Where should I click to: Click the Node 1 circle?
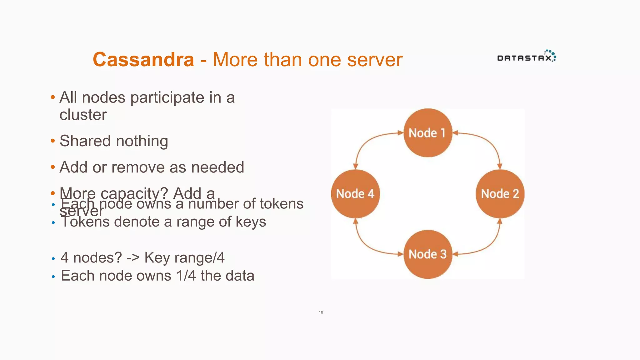pyautogui.click(x=428, y=133)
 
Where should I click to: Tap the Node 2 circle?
pyautogui.click(x=500, y=194)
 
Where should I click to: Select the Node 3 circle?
pyautogui.click(x=428, y=254)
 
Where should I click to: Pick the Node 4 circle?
pyautogui.click(x=355, y=194)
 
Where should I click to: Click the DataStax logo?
pyautogui.click(x=527, y=57)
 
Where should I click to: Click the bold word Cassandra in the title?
pyautogui.click(x=143, y=59)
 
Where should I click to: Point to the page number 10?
pyautogui.click(x=321, y=312)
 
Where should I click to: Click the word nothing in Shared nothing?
pyautogui.click(x=142, y=141)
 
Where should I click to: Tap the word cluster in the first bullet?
pyautogui.click(x=83, y=115)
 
